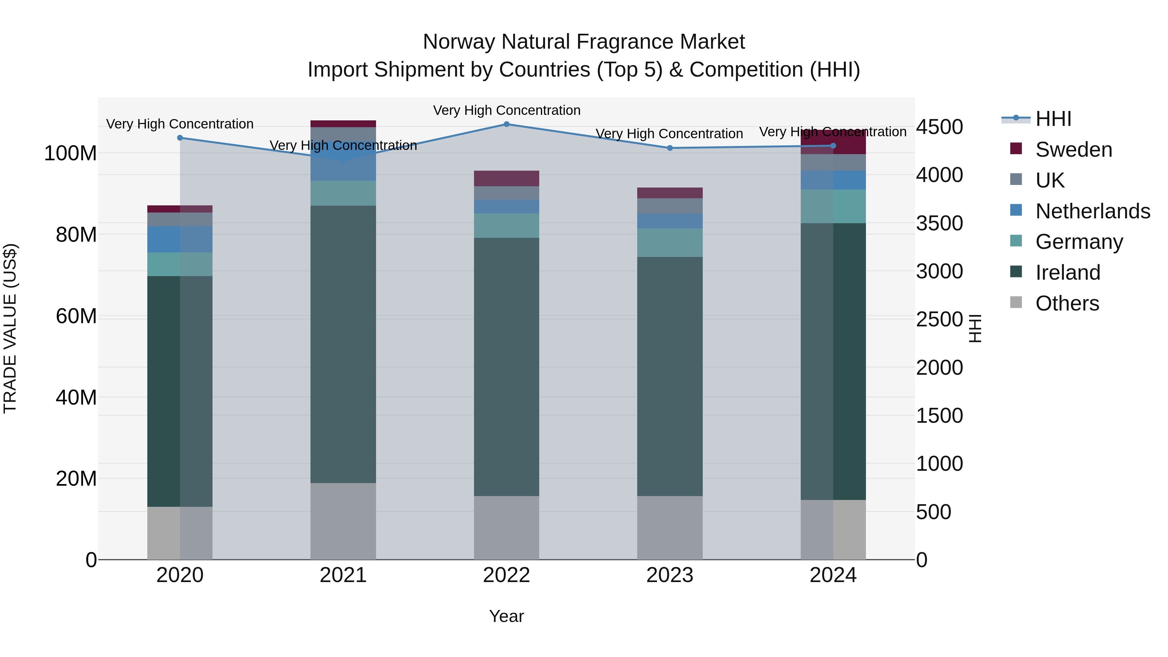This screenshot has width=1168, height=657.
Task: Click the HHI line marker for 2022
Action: (506, 124)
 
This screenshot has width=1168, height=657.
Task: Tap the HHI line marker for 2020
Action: (180, 138)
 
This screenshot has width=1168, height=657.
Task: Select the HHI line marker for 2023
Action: (670, 148)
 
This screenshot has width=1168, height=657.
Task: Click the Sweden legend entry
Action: (1073, 150)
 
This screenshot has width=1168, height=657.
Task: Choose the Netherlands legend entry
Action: (1092, 211)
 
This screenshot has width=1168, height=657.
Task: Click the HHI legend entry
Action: (1053, 119)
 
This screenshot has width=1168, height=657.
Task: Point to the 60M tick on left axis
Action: (76, 316)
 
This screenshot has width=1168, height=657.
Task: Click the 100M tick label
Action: (70, 153)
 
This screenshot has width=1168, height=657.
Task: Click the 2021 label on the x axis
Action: (343, 575)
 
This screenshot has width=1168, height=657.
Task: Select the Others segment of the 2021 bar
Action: (343, 521)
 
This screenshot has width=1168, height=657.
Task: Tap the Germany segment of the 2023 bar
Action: (670, 243)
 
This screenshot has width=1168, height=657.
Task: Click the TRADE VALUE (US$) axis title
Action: (10, 328)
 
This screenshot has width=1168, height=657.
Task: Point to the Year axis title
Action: (506, 616)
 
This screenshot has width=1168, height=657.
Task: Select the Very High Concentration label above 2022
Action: (506, 110)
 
